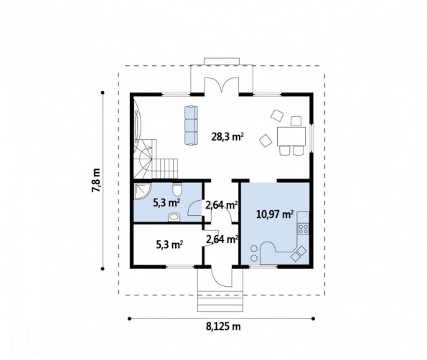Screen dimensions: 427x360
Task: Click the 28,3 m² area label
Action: [227, 136]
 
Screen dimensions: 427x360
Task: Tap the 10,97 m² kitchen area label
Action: [275, 214]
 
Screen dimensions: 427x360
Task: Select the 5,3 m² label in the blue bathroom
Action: [166, 203]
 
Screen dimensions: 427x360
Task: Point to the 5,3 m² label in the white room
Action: [169, 245]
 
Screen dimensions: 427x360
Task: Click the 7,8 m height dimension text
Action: [96, 181]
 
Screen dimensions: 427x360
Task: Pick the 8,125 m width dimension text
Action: [223, 326]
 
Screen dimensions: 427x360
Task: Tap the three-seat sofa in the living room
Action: [191, 125]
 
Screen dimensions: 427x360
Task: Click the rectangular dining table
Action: [291, 136]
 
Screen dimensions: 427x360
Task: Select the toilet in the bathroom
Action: [177, 189]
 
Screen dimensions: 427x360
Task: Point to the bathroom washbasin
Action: [174, 217]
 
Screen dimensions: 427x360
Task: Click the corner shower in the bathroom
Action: [142, 191]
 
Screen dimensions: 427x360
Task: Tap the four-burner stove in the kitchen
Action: [304, 228]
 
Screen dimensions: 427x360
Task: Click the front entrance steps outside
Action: [220, 301]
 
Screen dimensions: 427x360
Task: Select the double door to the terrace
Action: [222, 85]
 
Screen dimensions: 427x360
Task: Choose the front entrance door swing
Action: [222, 276]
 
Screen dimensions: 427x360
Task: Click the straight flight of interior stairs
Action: [164, 169]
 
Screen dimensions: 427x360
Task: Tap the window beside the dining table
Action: [311, 139]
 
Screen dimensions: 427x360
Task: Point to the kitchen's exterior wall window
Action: [263, 267]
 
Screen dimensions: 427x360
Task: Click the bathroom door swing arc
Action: [194, 208]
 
